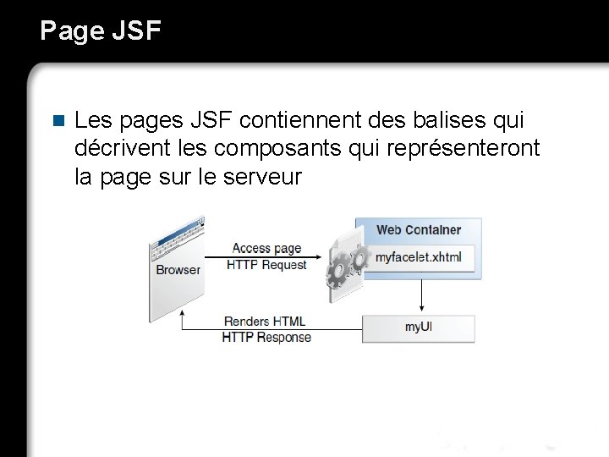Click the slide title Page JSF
tap(100, 30)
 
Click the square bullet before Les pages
tap(58, 120)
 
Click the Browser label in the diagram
tap(178, 270)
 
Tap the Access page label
tap(266, 248)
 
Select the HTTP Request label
tap(266, 265)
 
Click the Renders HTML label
tap(265, 322)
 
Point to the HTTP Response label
tap(266, 337)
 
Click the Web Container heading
tap(419, 229)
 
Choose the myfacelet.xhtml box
tap(419, 256)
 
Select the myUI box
tap(419, 328)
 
